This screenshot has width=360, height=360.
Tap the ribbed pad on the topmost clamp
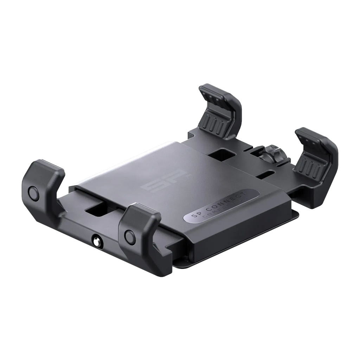(212, 123)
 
